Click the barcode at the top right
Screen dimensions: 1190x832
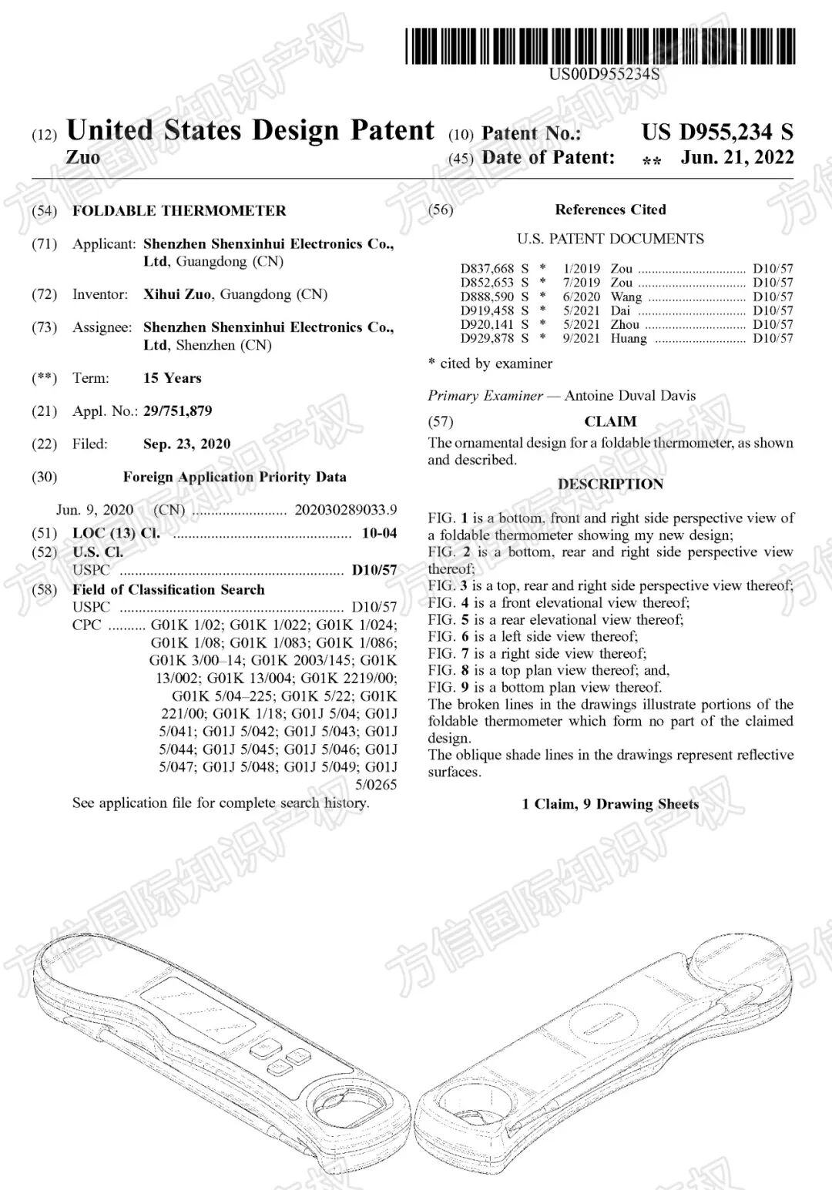pos(600,45)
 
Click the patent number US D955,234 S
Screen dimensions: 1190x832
pos(716,132)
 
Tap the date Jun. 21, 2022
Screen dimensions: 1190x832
pos(736,158)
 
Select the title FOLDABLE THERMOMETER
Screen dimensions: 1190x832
pos(179,211)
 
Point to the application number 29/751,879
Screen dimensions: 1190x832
pos(177,411)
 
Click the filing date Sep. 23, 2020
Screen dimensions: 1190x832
pos(186,444)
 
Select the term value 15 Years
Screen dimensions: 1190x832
pos(172,378)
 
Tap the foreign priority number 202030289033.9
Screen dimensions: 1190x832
pos(346,510)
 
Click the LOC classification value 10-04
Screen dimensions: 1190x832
pos(379,533)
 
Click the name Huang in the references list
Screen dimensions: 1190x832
pos(629,338)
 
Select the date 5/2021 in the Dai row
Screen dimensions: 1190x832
pos(581,310)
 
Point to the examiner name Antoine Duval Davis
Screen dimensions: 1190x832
pos(629,396)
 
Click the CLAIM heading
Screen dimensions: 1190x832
pos(610,421)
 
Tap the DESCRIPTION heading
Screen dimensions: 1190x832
pos(610,484)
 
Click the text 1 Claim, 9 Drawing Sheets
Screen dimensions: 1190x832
pos(610,804)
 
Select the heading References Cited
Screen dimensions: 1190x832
pos(610,210)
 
